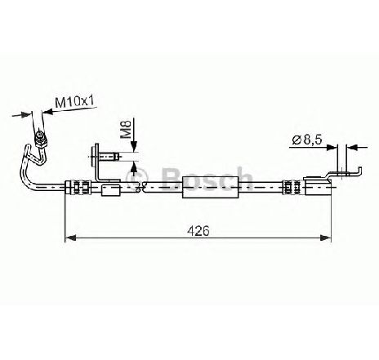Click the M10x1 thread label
point(74,102)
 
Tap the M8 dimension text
point(126,130)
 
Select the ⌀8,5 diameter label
point(307,140)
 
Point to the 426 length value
point(198,231)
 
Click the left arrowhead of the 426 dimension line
point(70,238)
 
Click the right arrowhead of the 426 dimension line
point(326,238)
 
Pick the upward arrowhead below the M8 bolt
point(134,167)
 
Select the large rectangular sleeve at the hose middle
point(211,187)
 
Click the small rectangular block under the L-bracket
point(110,190)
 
